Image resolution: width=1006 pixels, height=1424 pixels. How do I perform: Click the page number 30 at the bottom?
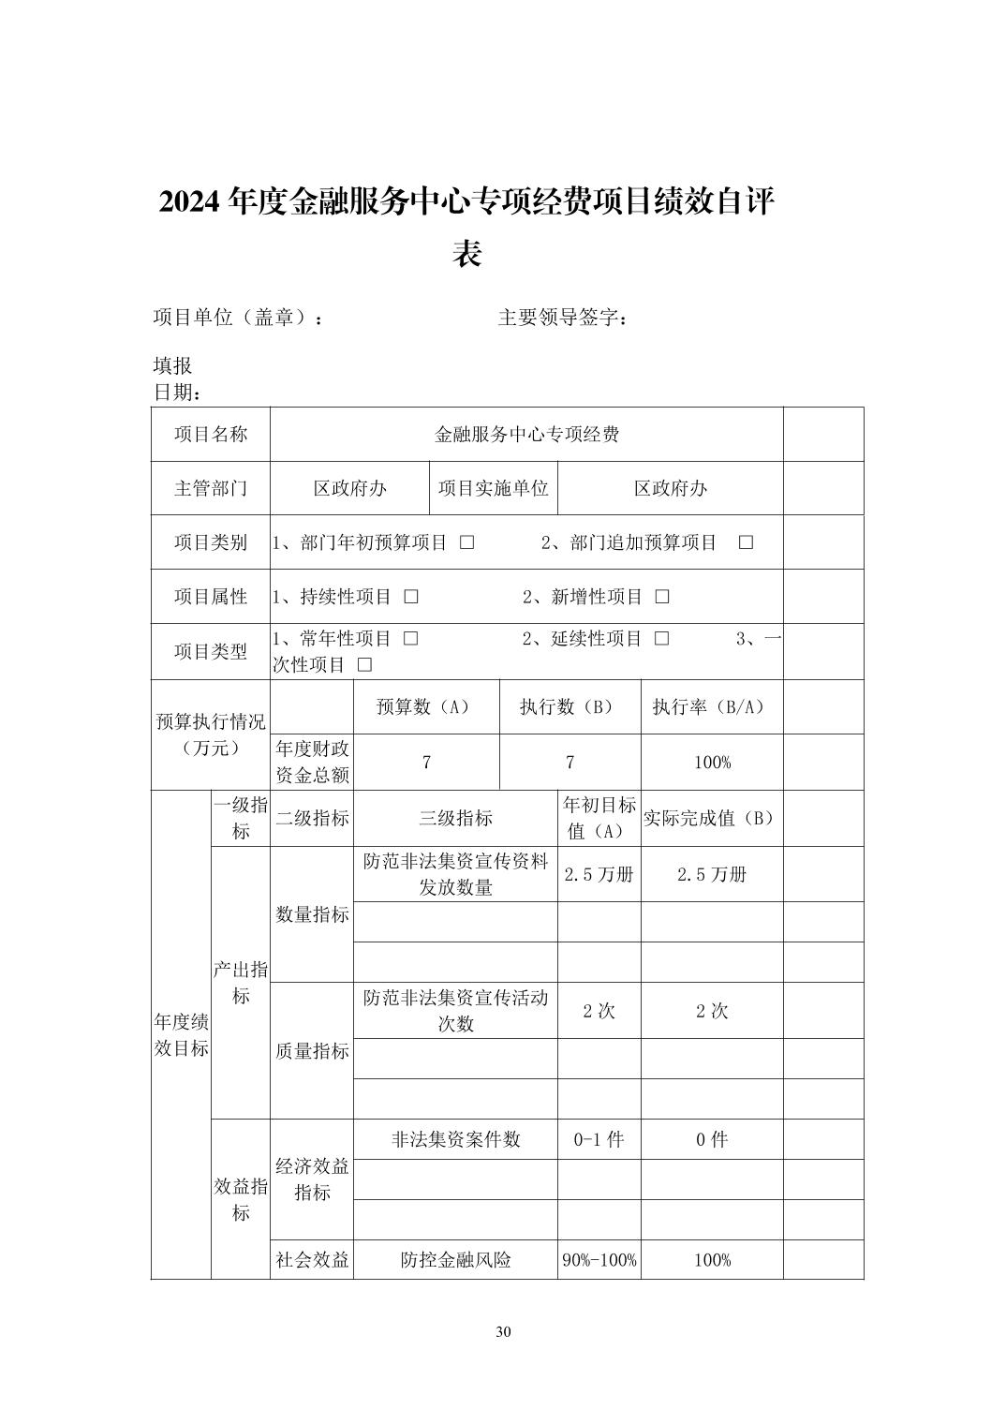(503, 1332)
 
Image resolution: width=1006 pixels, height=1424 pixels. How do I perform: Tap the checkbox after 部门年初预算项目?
(466, 542)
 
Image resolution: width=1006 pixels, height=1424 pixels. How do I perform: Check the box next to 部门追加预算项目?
(746, 542)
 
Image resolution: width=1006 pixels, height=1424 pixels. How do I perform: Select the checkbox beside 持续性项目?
(411, 597)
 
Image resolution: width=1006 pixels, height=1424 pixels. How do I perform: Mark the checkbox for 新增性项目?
(662, 597)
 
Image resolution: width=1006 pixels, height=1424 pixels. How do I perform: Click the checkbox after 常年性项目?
(411, 639)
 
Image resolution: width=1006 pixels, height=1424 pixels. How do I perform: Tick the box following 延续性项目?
(662, 639)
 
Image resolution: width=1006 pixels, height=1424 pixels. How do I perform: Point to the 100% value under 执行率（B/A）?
(712, 763)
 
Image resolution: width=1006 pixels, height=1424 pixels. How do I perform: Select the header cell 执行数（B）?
(570, 707)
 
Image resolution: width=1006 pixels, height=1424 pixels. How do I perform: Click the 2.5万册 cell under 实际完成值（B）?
(712, 874)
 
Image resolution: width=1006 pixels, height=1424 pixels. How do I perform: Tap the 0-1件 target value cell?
(599, 1139)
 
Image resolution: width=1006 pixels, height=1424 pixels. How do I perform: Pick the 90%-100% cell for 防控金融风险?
(599, 1260)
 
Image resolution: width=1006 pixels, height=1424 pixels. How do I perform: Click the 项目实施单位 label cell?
(493, 488)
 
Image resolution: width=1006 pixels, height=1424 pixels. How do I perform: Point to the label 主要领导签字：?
(562, 318)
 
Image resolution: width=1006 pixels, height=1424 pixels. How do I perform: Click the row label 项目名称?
(211, 434)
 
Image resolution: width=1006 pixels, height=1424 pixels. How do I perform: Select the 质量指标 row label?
(312, 1051)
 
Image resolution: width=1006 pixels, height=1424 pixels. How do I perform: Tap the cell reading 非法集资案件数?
(455, 1139)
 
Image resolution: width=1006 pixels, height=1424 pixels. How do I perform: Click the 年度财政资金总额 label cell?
(312, 762)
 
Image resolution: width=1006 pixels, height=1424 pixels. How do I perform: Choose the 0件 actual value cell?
(712, 1139)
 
